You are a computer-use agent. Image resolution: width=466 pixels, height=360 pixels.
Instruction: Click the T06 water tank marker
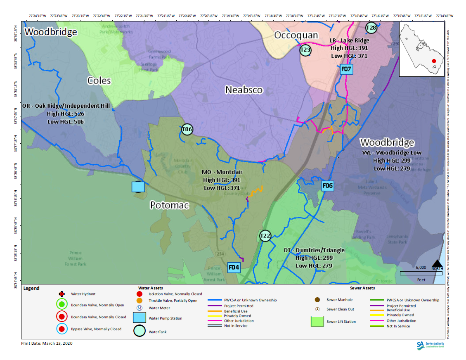tap(187, 130)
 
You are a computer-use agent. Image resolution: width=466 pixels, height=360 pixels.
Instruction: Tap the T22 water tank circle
tap(265, 236)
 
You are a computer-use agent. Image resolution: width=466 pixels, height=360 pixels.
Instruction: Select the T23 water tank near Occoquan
tap(305, 50)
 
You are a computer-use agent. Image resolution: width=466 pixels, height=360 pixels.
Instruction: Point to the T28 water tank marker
tap(371, 28)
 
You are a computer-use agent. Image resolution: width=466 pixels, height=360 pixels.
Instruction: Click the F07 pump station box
tap(346, 69)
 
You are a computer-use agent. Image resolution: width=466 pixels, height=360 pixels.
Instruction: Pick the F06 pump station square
tap(327, 186)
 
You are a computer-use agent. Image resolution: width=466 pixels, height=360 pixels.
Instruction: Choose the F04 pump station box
tap(234, 268)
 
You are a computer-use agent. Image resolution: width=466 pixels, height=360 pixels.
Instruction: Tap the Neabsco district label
tap(244, 90)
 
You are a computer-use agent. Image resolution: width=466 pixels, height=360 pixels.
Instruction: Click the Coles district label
tap(99, 80)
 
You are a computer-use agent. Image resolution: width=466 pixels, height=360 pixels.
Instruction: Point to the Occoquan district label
tap(296, 35)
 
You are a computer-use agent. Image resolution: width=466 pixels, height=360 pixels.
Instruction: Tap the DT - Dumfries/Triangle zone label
tap(314, 251)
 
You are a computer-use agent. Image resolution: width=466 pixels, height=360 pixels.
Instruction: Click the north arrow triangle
tap(437, 263)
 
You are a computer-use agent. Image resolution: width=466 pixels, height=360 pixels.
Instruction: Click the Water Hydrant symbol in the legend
tap(62, 294)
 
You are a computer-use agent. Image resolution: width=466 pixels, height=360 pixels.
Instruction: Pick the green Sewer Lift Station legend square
tap(317, 321)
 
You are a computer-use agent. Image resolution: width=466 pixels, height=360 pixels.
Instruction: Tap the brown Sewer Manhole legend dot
tap(317, 300)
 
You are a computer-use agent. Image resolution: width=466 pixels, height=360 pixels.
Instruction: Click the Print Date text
tap(47, 343)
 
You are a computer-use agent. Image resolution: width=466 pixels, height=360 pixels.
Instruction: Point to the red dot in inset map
tap(434, 61)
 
